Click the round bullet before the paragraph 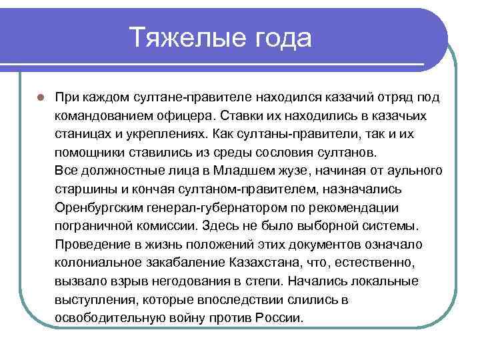(41, 97)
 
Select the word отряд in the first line (388, 97)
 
